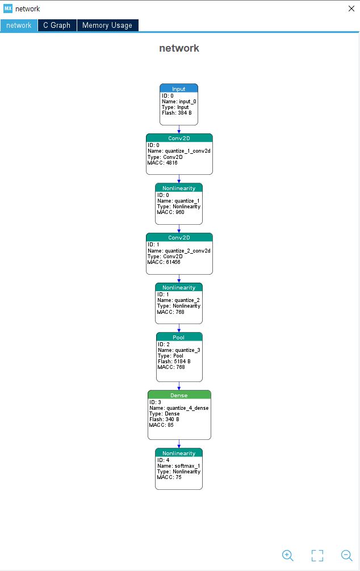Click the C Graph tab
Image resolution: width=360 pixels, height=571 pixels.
click(57, 25)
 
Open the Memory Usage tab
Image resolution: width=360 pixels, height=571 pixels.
click(107, 25)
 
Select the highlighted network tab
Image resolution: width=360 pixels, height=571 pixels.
click(19, 25)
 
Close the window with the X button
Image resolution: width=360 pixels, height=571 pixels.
click(351, 9)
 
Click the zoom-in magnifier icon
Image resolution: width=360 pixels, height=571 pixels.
click(287, 555)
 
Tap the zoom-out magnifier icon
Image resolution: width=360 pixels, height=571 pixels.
click(346, 555)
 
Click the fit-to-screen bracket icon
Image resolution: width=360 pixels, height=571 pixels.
click(317, 555)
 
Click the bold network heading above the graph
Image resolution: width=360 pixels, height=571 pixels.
click(179, 48)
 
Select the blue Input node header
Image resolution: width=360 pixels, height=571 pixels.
click(179, 89)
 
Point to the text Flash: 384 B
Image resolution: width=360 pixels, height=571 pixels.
click(177, 113)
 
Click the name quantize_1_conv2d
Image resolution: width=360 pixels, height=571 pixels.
click(187, 151)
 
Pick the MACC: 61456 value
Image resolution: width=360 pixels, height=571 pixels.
click(164, 262)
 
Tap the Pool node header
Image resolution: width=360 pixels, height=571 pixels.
click(179, 337)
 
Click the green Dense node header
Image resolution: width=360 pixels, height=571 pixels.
click(179, 395)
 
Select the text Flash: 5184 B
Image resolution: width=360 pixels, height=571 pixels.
click(174, 362)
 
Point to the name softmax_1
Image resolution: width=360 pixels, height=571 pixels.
click(187, 466)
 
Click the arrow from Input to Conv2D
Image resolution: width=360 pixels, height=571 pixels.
click(179, 129)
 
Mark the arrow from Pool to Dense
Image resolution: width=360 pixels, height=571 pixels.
click(179, 386)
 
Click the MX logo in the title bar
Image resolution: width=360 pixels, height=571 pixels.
click(7, 9)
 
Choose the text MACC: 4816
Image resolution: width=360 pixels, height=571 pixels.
click(162, 163)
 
